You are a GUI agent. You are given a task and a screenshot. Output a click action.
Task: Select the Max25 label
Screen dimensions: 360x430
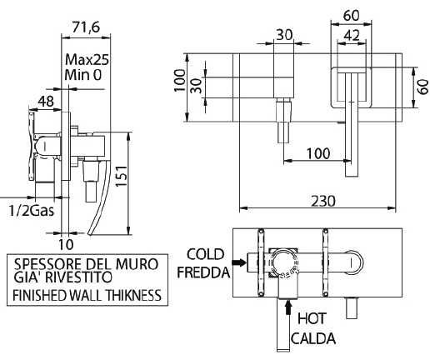[87, 60]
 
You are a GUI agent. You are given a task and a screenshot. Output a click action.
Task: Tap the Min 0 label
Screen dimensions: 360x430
[83, 76]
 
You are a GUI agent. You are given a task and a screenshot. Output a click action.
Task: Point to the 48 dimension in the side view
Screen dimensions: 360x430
[47, 101]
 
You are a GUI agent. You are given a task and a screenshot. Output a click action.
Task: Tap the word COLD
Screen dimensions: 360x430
[205, 254]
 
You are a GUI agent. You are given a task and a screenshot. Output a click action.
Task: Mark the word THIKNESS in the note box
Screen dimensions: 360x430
[131, 295]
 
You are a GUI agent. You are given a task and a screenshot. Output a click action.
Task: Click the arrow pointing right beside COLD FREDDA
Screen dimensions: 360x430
[241, 263]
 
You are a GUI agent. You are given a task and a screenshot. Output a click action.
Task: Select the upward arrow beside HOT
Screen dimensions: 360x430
[288, 310]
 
